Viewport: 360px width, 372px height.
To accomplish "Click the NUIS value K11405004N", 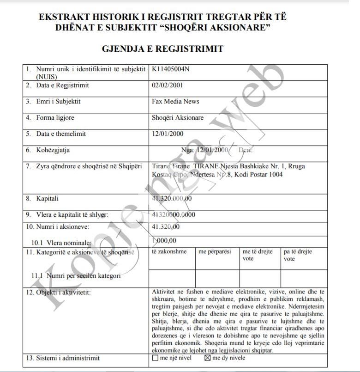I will click(170, 69).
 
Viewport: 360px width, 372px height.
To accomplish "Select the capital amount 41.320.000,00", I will click(172, 199).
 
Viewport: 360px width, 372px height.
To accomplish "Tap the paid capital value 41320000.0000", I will click(174, 214).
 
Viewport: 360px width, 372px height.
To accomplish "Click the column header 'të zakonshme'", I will click(169, 252).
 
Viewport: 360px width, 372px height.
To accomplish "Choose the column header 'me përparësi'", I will click(215, 252).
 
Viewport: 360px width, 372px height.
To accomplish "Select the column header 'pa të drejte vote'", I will click(298, 255).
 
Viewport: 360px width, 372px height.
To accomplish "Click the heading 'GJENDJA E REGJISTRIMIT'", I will click(162, 49).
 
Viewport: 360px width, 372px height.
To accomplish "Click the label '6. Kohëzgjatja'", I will click(48, 150).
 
